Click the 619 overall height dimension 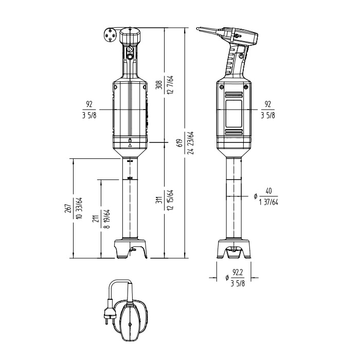point(181,143)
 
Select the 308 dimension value point(159,85)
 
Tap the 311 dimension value point(160,200)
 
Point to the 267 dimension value point(68,208)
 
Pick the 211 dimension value point(96,219)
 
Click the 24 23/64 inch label point(191,143)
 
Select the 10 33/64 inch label point(79,208)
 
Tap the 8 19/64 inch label point(107,219)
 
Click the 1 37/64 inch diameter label point(268,202)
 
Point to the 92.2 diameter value point(238,273)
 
